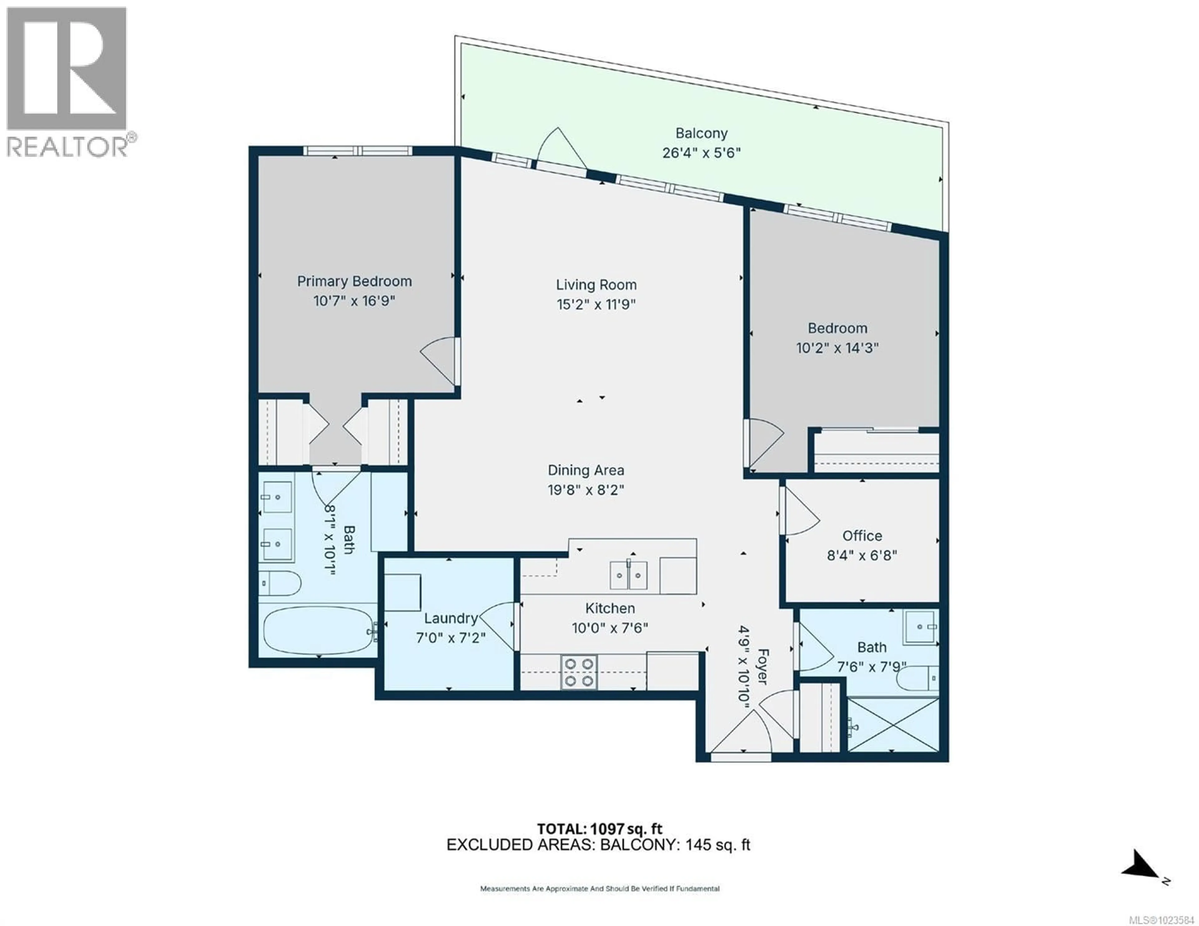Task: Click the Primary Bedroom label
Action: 354,282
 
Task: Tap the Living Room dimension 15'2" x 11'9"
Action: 596,304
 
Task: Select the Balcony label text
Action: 701,133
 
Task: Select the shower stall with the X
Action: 893,725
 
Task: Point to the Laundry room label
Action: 451,619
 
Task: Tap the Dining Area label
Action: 586,470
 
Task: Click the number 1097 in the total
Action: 607,829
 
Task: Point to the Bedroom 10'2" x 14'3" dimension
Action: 837,348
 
